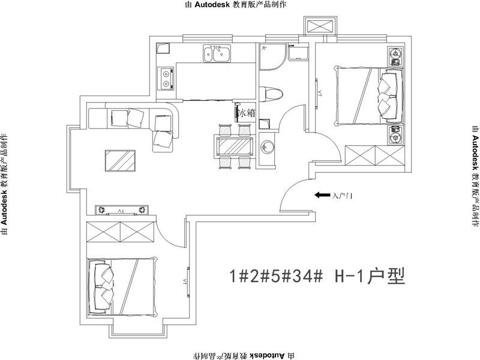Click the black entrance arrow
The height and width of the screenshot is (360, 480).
pos(322,195)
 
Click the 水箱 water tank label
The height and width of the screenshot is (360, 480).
pos(247,112)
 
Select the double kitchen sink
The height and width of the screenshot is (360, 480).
pos(217,55)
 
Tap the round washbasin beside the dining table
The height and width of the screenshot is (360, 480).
pos(267,146)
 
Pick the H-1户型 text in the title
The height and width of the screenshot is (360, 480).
pos(370,276)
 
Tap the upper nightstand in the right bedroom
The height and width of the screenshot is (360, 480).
pos(395,57)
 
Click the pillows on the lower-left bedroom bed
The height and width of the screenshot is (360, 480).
pos(103,285)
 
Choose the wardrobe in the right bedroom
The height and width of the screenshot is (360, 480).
pos(374,157)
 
